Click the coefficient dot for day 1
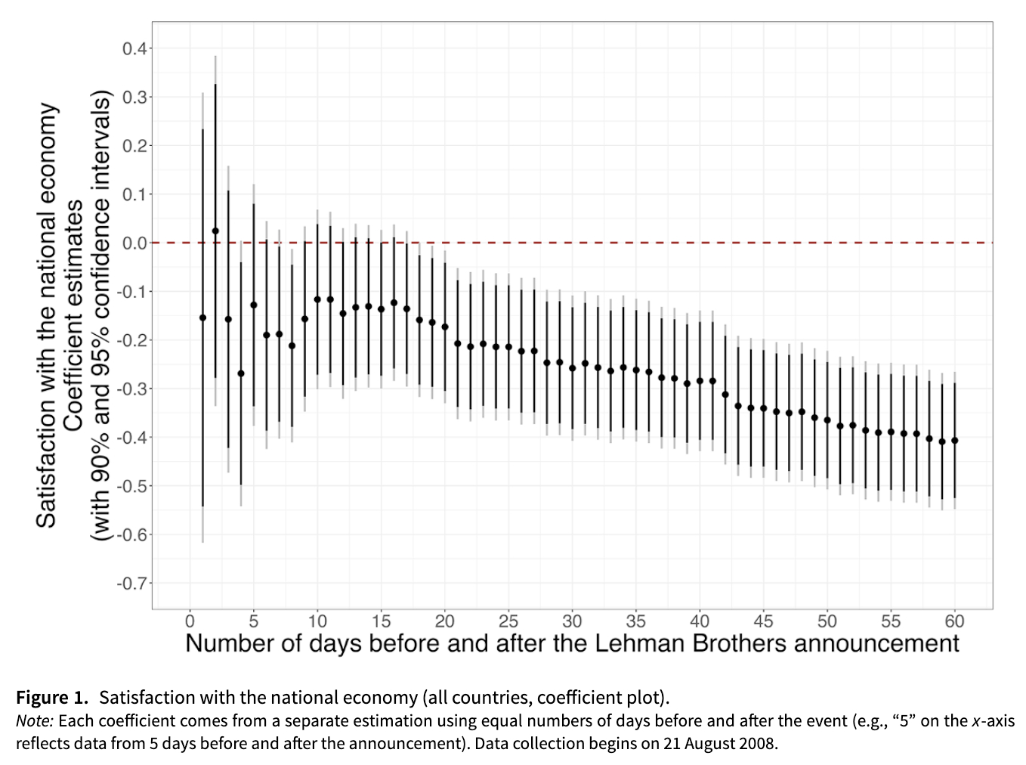pos(202,317)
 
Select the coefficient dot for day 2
pos(215,231)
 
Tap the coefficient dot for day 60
pos(955,441)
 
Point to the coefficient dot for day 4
pos(241,373)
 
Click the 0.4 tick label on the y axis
pos(135,49)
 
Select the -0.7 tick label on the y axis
pos(133,584)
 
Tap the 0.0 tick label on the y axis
pos(135,243)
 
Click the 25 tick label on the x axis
pos(508,621)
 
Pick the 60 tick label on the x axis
pos(955,621)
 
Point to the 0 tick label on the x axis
pos(190,621)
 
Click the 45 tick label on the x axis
pos(763,621)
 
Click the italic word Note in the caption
pos(34,720)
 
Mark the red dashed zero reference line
pos(604,243)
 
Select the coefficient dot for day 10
pos(317,300)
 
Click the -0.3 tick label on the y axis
pos(133,389)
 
